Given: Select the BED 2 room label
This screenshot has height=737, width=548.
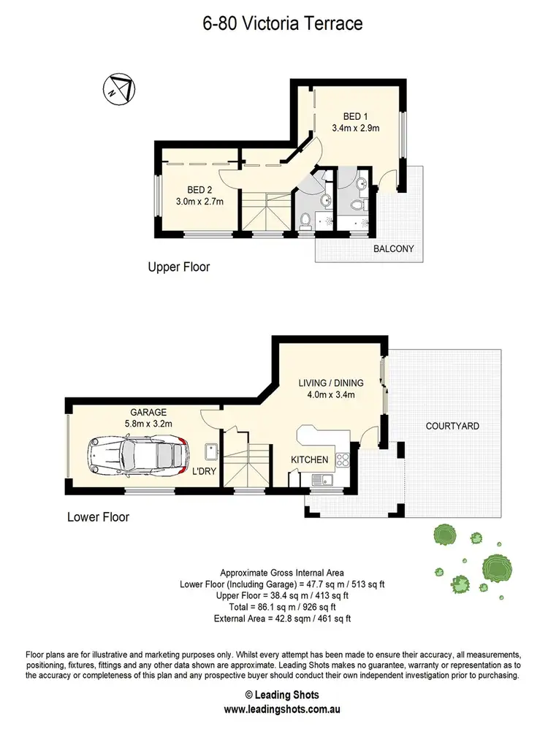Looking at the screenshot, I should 199,188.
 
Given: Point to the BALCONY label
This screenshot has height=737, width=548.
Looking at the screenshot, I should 393,249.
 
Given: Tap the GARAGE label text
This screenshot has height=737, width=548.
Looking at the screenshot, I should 148,412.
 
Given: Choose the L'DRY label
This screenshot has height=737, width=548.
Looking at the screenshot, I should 203,471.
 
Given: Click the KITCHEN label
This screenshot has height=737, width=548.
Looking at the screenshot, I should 310,459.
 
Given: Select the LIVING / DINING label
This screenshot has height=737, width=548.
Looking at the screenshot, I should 327,382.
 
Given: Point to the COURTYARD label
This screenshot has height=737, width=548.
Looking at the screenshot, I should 452,425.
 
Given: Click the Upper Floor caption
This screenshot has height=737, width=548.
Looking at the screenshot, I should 179,267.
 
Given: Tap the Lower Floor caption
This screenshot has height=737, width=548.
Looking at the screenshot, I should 98,517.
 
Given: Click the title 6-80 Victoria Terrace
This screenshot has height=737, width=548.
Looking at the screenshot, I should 282,24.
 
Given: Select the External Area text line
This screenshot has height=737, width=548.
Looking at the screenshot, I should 282,619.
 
